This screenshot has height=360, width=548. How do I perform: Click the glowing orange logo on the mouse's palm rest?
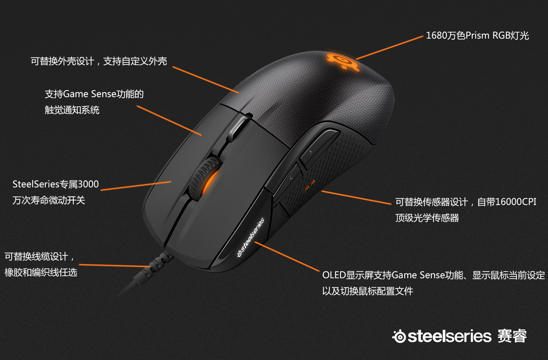click(x=342, y=61)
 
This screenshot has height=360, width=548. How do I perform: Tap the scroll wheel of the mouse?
click(x=204, y=178)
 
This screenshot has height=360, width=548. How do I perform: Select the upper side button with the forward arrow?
click(x=319, y=148)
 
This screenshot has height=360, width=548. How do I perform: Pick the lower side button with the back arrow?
click(x=286, y=181)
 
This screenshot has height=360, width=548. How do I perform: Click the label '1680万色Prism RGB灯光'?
click(x=477, y=36)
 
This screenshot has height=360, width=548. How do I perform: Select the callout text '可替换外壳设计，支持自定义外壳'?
click(x=99, y=61)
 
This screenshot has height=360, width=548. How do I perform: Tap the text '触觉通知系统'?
click(x=72, y=110)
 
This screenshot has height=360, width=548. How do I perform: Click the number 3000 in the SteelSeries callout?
click(x=88, y=184)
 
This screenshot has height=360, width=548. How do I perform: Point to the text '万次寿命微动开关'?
click(x=49, y=200)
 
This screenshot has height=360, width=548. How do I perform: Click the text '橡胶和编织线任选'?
click(x=41, y=273)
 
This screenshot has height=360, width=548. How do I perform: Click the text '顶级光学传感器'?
click(x=427, y=218)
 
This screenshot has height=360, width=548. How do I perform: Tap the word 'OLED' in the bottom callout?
click(x=334, y=275)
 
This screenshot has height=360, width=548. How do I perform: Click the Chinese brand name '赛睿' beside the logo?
click(x=512, y=336)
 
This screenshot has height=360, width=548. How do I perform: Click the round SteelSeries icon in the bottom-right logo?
click(x=399, y=336)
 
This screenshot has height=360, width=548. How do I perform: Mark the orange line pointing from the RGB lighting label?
click(x=389, y=48)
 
